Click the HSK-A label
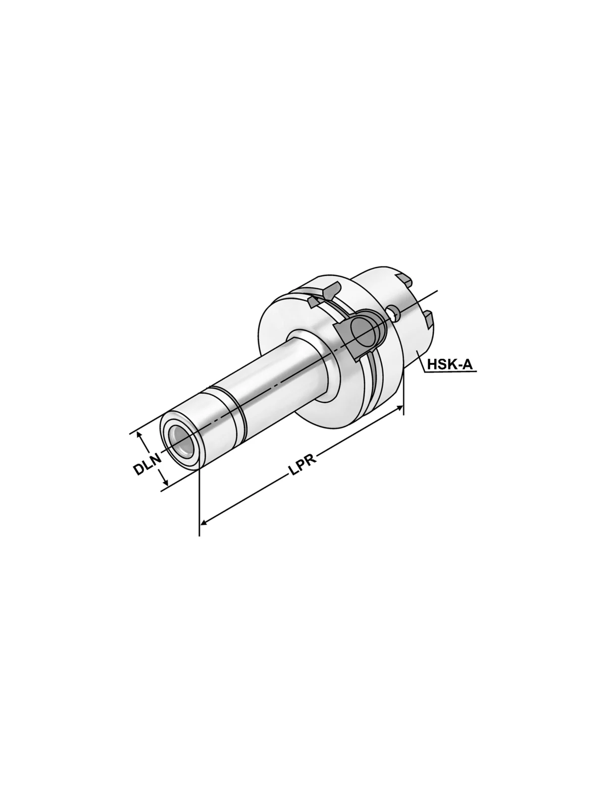coord(450,363)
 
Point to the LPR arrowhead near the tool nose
coord(204,520)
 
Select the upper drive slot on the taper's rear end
coord(404,278)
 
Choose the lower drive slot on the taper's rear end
coord(428,318)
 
